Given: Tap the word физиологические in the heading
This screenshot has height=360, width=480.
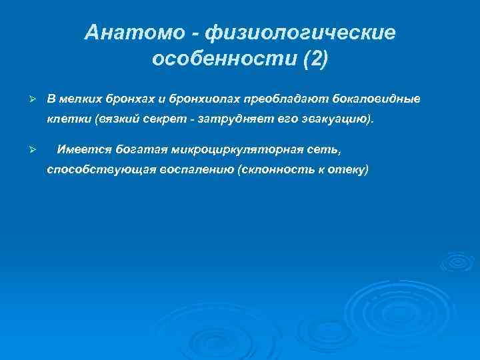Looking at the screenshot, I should [x=300, y=32].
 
